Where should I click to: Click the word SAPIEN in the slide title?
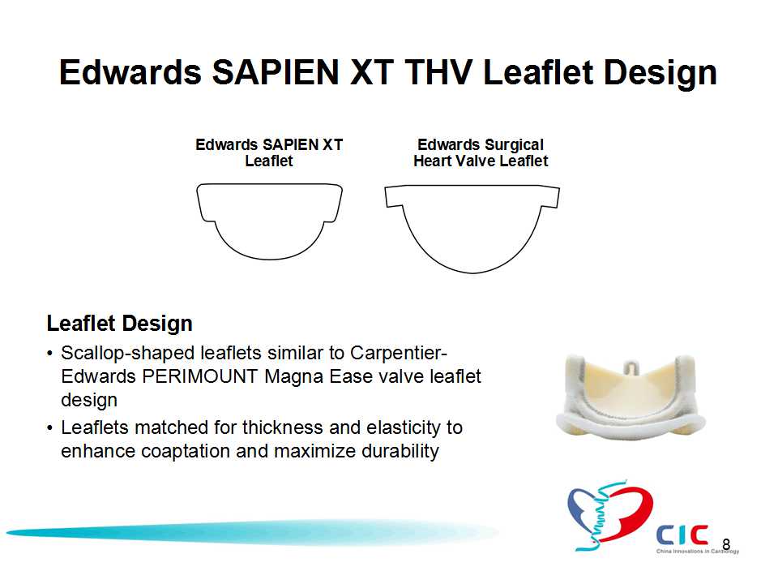pyautogui.click(x=276, y=72)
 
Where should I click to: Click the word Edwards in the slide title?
pyautogui.click(x=130, y=72)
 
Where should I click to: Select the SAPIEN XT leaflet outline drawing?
pyautogui.click(x=269, y=221)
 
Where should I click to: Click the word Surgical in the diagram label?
pyautogui.click(x=514, y=145)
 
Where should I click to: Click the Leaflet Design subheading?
pyautogui.click(x=120, y=324)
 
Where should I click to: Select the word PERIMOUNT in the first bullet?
pyautogui.click(x=199, y=376)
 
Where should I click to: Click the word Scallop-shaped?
pyautogui.click(x=128, y=354)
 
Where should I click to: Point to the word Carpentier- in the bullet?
pyautogui.click(x=399, y=353)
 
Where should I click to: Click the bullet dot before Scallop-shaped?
pyautogui.click(x=49, y=354)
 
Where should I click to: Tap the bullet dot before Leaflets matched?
pyautogui.click(x=49, y=428)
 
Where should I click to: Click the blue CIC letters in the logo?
pyautogui.click(x=682, y=535)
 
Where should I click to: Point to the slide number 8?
pyautogui.click(x=726, y=545)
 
